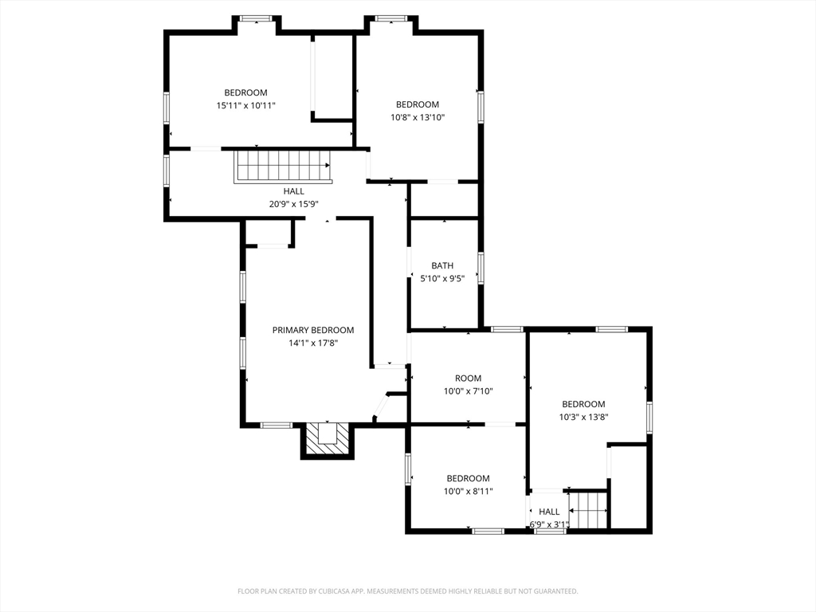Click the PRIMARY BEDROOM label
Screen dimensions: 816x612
[x=312, y=330]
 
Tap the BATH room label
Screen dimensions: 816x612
[x=442, y=265]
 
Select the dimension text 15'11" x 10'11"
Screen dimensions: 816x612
[x=245, y=106]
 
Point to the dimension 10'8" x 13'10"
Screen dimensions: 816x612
[x=418, y=118]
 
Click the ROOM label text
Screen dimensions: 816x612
[x=468, y=379]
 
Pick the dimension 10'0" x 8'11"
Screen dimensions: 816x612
[x=468, y=491]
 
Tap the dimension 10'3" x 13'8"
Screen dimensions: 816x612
[x=583, y=417]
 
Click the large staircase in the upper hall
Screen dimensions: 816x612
[x=283, y=167]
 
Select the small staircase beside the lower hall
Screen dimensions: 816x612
[x=588, y=510]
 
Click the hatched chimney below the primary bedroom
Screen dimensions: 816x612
[x=328, y=440]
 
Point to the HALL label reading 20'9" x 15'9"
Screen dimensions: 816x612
[x=293, y=198]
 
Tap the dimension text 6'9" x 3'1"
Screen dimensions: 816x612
[x=549, y=524]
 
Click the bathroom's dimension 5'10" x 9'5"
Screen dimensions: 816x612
[x=442, y=278]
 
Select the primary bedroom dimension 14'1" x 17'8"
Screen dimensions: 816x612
[x=312, y=343]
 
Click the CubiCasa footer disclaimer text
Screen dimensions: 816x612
[x=407, y=591]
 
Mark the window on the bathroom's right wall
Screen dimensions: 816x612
[x=481, y=268]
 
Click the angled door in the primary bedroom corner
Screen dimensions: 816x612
[x=380, y=407]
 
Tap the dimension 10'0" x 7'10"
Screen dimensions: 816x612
[x=468, y=391]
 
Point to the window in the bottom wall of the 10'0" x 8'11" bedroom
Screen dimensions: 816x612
[x=488, y=531]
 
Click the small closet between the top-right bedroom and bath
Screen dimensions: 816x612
[x=444, y=200]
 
